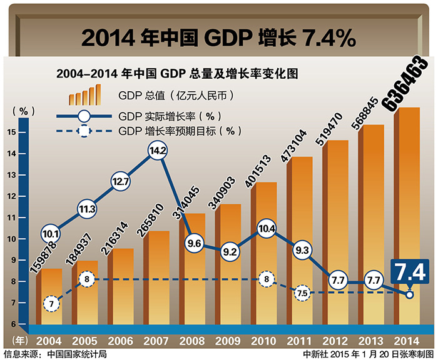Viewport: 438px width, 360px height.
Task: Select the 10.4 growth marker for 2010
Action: coord(266,229)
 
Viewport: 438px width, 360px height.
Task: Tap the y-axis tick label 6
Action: coord(11,324)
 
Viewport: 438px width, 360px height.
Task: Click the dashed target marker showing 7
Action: coord(51,304)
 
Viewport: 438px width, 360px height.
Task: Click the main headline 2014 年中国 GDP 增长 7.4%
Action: coord(218,37)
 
